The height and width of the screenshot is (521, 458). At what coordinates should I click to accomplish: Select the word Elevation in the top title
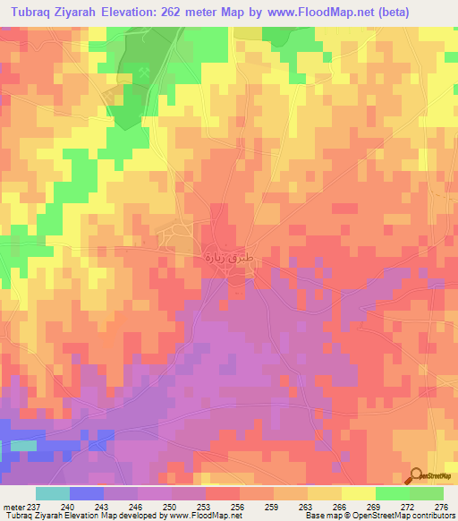click(117, 12)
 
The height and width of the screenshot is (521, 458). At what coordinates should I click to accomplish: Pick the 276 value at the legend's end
click(439, 507)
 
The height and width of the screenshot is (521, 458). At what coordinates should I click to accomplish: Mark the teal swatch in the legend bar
click(53, 493)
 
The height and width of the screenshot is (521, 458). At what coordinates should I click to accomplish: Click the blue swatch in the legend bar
click(87, 493)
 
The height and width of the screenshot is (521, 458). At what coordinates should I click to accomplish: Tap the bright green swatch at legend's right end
click(427, 493)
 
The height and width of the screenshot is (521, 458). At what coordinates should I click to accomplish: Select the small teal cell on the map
click(23, 445)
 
